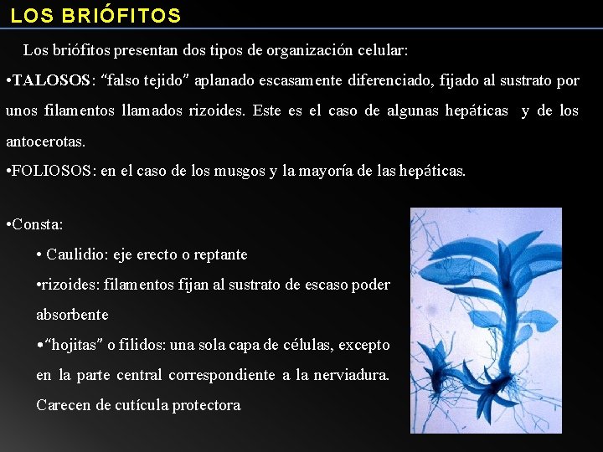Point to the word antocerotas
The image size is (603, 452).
tap(44, 141)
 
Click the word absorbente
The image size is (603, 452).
tap(72, 315)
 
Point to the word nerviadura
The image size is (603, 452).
tap(351, 375)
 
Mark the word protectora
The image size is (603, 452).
tap(206, 405)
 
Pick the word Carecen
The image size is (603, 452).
tap(62, 405)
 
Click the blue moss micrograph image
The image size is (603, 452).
tap(486, 320)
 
